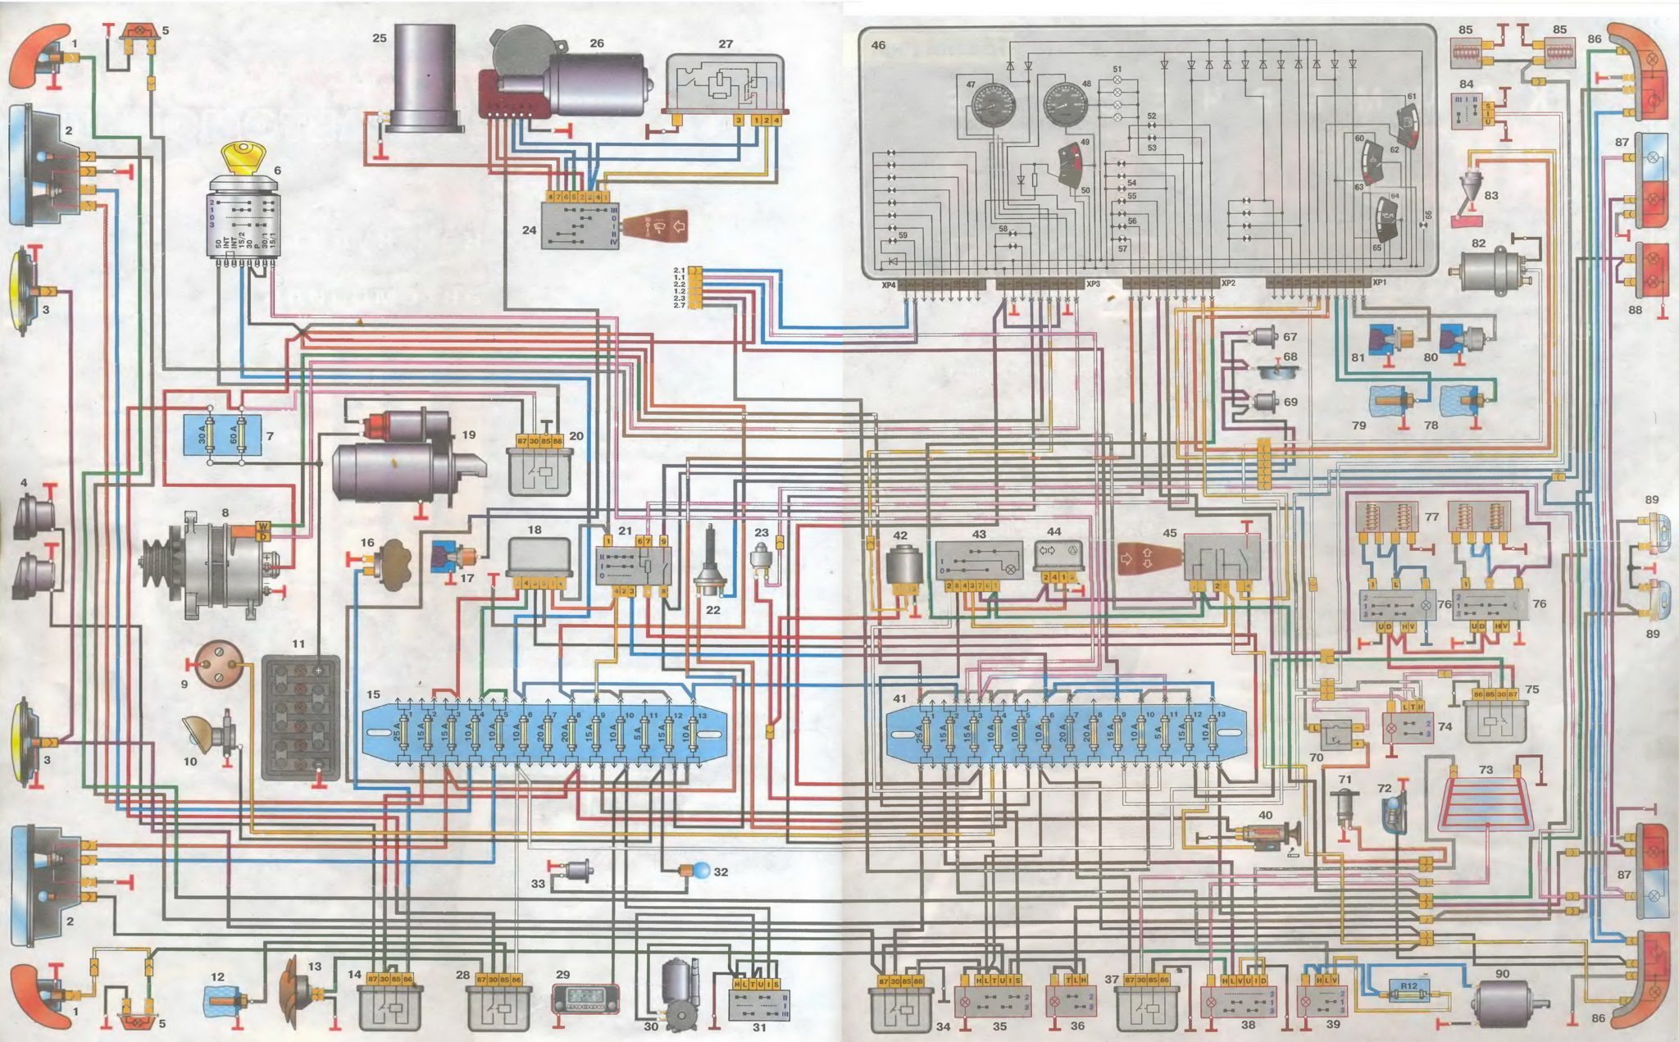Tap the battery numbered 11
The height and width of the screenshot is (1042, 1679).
tap(300, 718)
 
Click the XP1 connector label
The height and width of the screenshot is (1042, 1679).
tap(1379, 282)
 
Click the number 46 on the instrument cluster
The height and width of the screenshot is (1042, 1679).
tap(878, 45)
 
